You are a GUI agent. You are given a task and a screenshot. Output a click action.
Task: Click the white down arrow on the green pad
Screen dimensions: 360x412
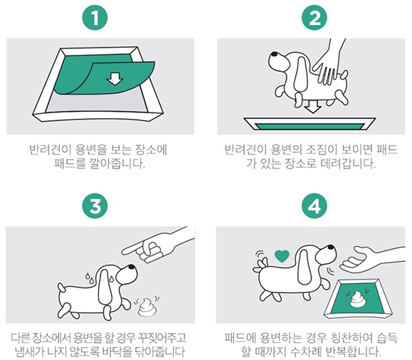point(113,79)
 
